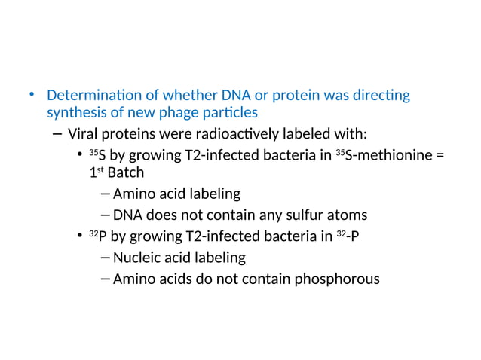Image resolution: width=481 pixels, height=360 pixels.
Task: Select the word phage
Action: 175,113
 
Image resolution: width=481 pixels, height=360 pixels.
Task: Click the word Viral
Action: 84,135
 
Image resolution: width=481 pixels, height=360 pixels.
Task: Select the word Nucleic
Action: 136,258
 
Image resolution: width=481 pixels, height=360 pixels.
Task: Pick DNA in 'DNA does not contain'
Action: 128,215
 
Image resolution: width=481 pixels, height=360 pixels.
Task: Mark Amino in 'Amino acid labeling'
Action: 133,194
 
